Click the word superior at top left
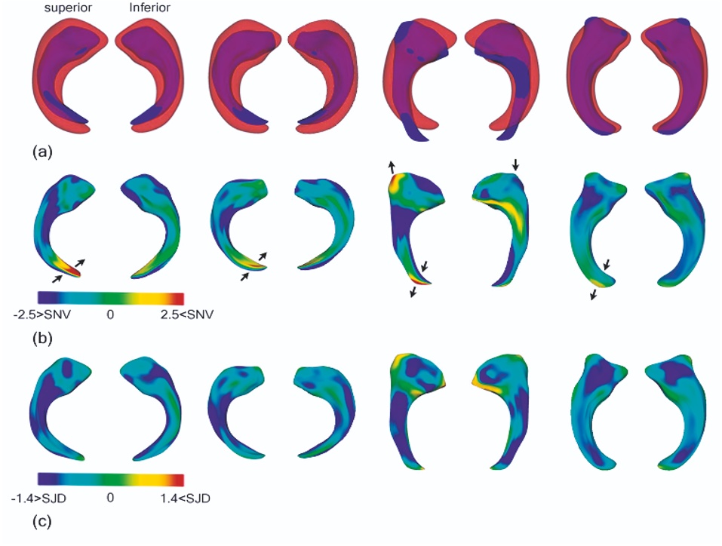[x=63, y=9]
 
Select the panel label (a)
[x=43, y=152]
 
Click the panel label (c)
[x=43, y=520]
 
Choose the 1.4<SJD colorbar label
[x=183, y=498]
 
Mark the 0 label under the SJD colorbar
[x=110, y=498]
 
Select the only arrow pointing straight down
[x=515, y=164]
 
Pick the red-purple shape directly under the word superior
[x=64, y=68]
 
